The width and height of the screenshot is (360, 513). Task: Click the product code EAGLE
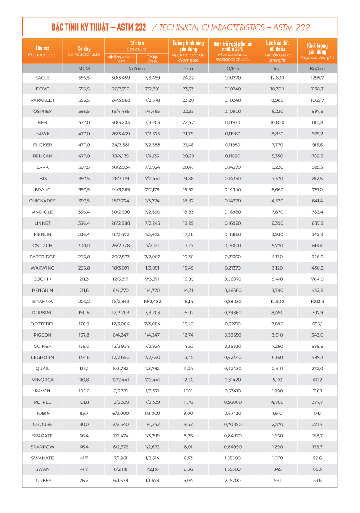43,78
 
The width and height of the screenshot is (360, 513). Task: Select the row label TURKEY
43,480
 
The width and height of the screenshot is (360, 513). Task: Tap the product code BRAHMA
43,301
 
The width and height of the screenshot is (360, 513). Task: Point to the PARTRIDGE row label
43,256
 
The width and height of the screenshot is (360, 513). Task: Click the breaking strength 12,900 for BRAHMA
277,301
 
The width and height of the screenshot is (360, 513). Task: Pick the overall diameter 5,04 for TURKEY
188,480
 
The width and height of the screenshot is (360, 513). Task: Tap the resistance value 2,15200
233,480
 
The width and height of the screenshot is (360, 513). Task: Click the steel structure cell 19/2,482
153,301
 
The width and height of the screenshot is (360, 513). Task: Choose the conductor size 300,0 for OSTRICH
84,246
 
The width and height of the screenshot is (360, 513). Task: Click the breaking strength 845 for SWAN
277,469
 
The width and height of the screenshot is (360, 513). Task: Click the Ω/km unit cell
233,68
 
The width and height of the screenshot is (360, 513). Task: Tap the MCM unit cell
84,68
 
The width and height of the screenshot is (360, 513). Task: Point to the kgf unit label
277,68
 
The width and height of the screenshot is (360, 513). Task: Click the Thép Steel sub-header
153,58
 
